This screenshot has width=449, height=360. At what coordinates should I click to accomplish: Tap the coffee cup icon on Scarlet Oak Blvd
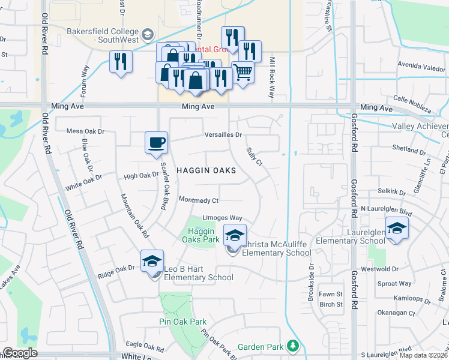(156, 143)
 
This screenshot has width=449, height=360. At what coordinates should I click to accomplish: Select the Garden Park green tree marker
(292, 346)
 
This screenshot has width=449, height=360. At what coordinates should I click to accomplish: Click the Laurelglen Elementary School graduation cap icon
(396, 228)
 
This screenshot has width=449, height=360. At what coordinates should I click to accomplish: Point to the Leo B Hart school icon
(152, 261)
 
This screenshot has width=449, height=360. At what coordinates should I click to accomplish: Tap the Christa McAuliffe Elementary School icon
(235, 235)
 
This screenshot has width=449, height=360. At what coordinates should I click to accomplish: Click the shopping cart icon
(243, 73)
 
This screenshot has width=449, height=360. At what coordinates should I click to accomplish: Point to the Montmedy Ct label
(199, 200)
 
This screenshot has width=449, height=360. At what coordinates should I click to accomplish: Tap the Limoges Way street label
(222, 218)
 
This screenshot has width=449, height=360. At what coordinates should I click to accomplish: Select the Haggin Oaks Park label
(201, 235)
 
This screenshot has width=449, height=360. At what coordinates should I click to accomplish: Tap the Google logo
(20, 353)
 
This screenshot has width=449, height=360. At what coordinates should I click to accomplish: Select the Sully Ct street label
(255, 155)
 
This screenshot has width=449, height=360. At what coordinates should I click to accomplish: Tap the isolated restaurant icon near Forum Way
(121, 61)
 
